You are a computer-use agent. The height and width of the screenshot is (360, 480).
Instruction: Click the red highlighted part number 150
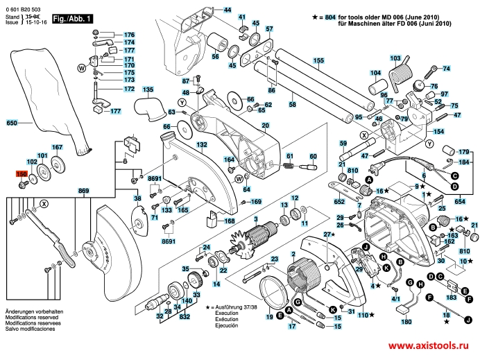[x=21, y=174]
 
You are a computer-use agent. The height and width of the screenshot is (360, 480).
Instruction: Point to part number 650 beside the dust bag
[x=11, y=123]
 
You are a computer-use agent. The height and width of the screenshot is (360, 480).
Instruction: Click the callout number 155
[x=318, y=60]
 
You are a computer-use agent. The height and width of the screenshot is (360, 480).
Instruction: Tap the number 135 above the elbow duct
[x=147, y=90]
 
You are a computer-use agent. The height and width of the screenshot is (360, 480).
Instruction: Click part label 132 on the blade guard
[x=201, y=144]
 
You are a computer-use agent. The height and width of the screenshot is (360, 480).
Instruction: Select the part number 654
[x=459, y=201]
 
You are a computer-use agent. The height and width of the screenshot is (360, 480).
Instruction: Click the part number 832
[x=185, y=316]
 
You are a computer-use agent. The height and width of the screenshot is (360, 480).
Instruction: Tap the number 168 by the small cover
[x=230, y=221]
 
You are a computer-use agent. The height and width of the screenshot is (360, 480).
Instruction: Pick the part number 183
[x=451, y=296]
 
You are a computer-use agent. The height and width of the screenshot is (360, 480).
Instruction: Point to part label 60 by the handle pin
[x=312, y=156]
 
